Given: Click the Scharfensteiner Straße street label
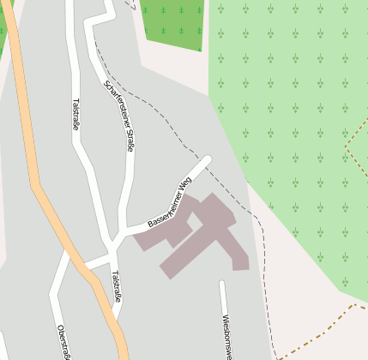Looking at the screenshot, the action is tap(119, 115).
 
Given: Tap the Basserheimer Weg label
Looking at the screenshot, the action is tap(170, 205).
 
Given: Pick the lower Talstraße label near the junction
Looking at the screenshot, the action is tap(117, 286).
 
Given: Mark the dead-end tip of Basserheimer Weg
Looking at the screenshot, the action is tap(206, 160).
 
